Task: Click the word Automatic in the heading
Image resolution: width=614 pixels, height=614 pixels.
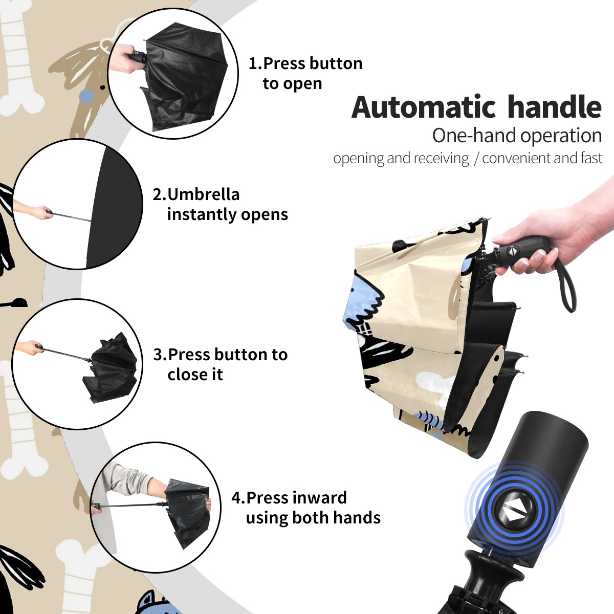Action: pyautogui.click(x=424, y=107)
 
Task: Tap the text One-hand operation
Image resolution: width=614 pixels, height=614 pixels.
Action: pyautogui.click(x=517, y=136)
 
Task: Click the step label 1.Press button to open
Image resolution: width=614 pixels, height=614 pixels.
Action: pyautogui.click(x=305, y=73)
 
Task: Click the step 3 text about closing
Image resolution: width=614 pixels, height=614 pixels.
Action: pyautogui.click(x=221, y=364)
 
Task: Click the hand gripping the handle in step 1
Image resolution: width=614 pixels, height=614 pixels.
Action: pyautogui.click(x=126, y=58)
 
